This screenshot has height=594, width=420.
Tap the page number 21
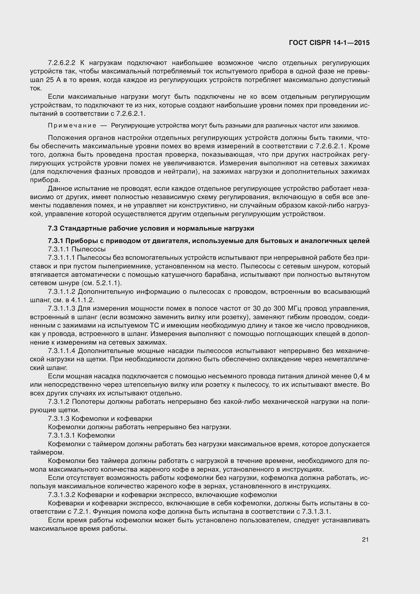(365, 539)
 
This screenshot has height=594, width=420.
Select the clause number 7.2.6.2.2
(61, 63)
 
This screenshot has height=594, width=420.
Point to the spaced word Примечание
(72, 126)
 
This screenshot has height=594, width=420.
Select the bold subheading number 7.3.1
(56, 241)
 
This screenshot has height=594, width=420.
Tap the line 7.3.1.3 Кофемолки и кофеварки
(100, 419)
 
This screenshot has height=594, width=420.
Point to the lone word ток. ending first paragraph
(36, 88)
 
